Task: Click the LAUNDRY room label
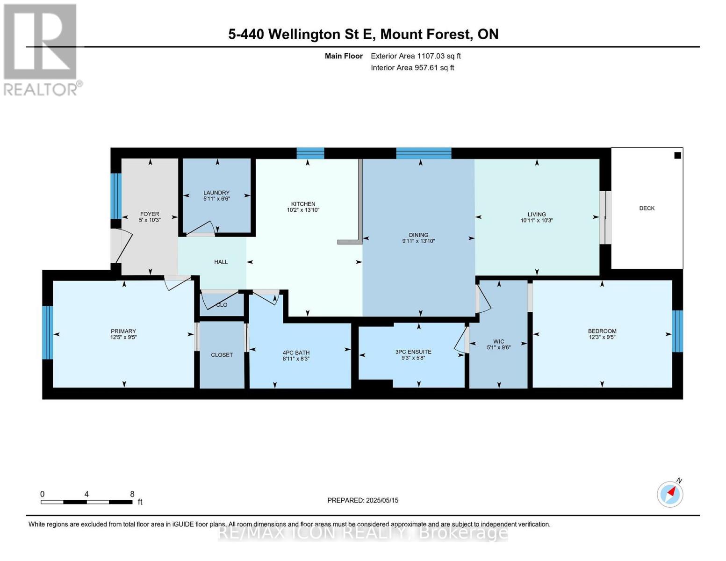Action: pos(216,193)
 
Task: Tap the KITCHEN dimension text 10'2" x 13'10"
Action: pos(303,210)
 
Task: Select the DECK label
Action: pos(647,208)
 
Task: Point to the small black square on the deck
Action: pos(677,155)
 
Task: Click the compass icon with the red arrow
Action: pos(669,495)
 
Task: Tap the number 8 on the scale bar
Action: pos(132,494)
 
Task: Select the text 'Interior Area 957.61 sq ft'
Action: pos(412,67)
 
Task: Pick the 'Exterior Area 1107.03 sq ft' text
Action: pos(416,56)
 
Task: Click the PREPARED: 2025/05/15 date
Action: pos(362,500)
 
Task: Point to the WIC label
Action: pos(498,341)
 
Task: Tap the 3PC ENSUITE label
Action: pos(413,352)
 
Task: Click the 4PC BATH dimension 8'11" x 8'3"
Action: pos(296,359)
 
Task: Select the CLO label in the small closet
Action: pos(222,305)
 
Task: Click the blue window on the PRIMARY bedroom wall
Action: pos(47,332)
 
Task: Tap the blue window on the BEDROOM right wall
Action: pos(677,331)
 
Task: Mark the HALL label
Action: pos(221,262)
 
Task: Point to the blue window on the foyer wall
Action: pos(116,196)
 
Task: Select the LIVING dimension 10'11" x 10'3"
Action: pos(537,220)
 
